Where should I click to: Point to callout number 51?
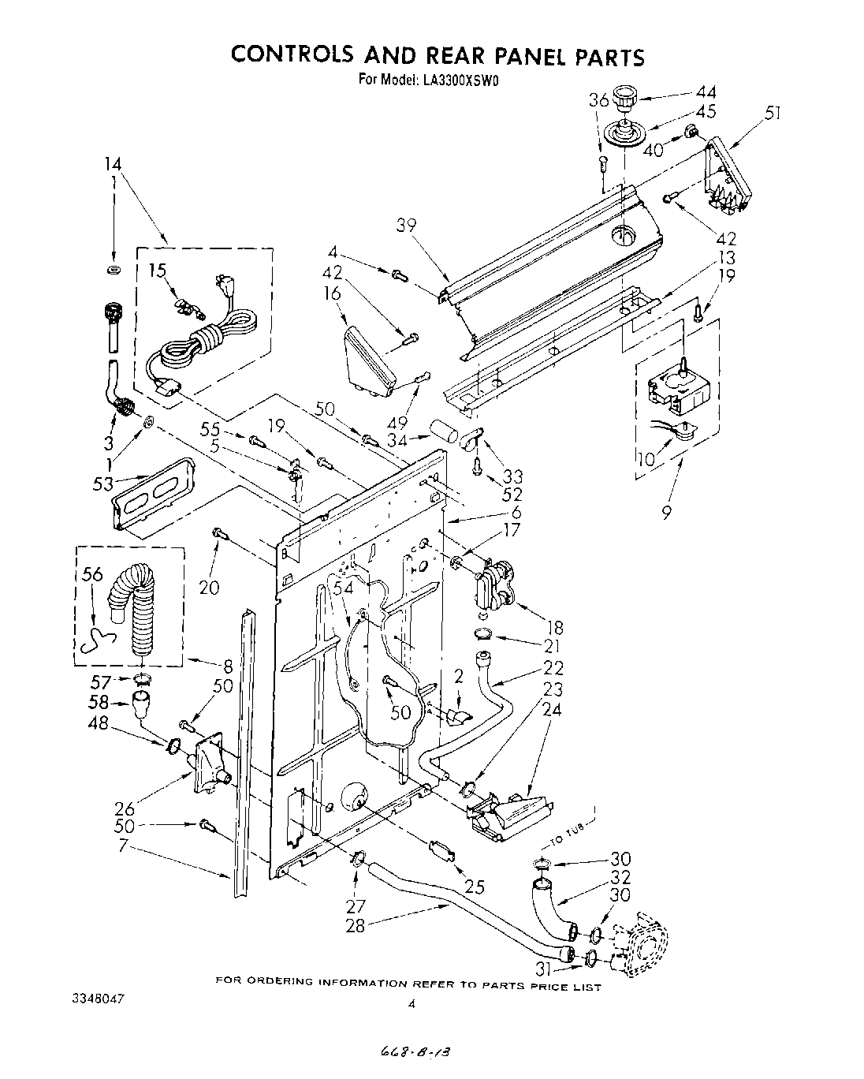772,113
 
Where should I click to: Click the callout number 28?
356,925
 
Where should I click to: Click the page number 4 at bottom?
412,1004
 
